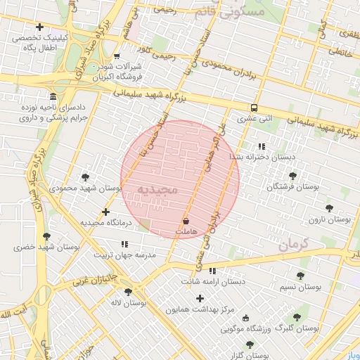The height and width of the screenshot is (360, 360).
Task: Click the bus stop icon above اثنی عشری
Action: (253, 108)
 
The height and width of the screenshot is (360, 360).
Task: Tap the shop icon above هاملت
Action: (186, 221)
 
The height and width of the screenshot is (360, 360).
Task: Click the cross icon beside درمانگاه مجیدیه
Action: (106, 212)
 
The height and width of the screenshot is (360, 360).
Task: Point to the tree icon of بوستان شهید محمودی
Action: (86, 177)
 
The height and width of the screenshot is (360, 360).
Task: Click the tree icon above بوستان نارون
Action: (329, 208)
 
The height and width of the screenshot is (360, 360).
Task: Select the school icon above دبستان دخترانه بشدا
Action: (262, 146)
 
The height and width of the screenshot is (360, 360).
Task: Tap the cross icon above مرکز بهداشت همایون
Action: (200, 298)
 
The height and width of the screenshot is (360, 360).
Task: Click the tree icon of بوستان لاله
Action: (128, 291)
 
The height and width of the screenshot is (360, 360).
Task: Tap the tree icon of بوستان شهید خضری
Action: (46, 236)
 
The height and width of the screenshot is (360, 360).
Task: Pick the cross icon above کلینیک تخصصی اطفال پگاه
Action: (39, 27)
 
